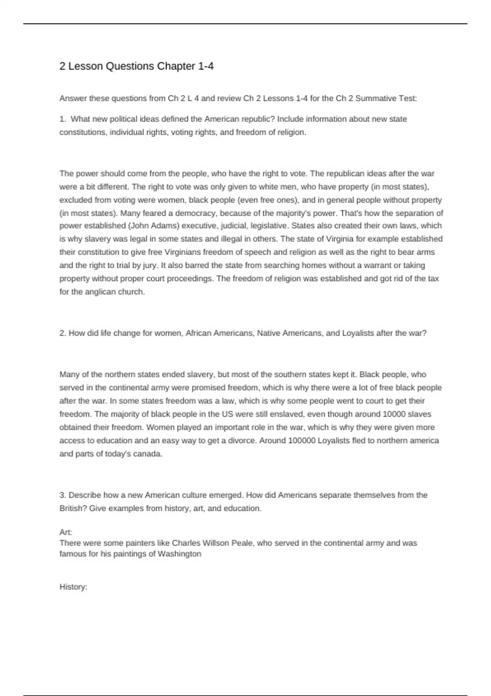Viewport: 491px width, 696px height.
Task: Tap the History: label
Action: coord(73,587)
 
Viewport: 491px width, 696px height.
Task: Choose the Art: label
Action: coord(66,532)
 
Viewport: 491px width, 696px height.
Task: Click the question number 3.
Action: coord(63,495)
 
